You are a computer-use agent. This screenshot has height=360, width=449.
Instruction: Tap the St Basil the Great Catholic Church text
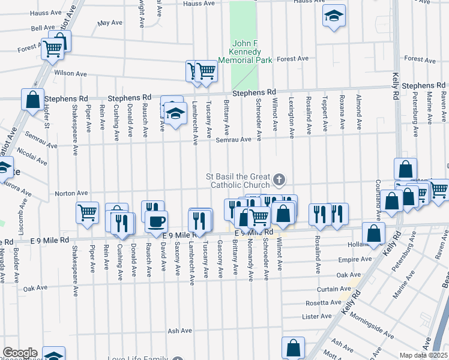coord(238,180)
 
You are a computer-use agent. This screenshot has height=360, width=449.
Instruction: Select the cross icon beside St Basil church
coord(279,179)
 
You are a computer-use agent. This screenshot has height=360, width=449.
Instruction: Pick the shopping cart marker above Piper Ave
coord(88,214)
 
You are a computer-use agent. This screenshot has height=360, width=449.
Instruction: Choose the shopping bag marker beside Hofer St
coord(32,99)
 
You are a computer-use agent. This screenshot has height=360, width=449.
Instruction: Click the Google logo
coord(19,353)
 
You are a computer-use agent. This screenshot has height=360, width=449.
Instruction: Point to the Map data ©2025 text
coord(424,355)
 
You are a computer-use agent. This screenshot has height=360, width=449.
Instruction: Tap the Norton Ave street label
coord(71,193)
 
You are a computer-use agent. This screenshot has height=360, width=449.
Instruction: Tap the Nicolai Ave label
coord(32,155)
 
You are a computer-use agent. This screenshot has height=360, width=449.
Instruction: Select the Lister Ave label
coord(318,316)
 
